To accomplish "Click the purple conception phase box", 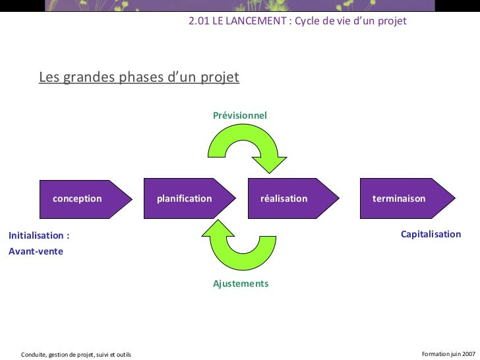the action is [x=77, y=198].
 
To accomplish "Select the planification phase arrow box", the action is [x=185, y=198].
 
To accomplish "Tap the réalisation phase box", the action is [x=284, y=198].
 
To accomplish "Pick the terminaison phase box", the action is [x=400, y=198].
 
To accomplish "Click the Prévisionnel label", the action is [x=240, y=115].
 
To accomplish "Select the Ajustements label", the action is [x=241, y=284].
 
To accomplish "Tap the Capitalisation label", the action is [x=431, y=234].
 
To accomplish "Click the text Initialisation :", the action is [x=39, y=235].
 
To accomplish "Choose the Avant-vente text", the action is [x=36, y=251].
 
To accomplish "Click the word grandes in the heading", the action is [x=88, y=78].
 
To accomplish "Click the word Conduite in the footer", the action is [x=34, y=355].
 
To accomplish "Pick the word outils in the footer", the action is [x=122, y=355].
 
